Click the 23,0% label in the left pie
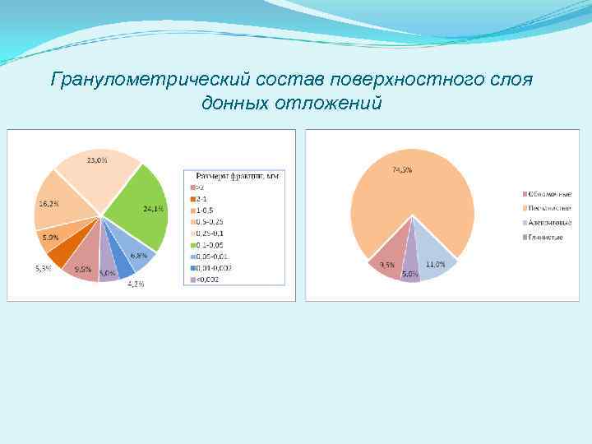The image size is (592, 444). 97,160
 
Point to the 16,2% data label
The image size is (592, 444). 47,202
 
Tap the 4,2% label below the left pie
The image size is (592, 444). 135,284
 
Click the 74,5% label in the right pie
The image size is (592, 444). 401,170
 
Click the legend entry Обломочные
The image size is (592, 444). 550,193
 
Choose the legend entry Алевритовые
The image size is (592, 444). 550,223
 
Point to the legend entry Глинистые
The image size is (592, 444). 548,238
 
